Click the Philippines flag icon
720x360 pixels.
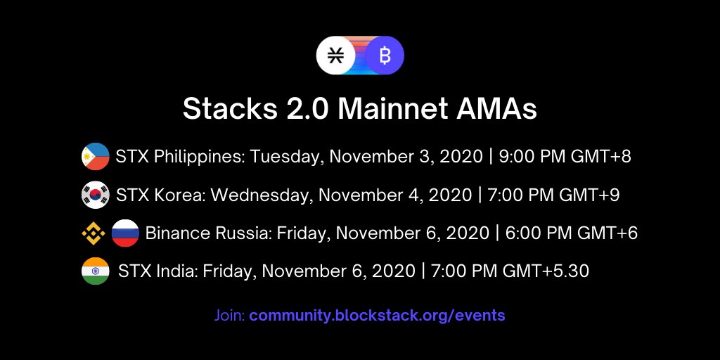[x=95, y=156]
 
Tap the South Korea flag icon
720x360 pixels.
[x=95, y=195]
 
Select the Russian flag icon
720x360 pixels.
[x=125, y=233]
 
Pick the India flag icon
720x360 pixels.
[x=95, y=271]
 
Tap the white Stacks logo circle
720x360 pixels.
[x=335, y=56]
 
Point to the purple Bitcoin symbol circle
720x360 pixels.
[x=385, y=56]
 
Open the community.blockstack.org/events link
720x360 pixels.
[x=377, y=315]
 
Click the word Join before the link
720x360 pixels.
[x=229, y=315]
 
